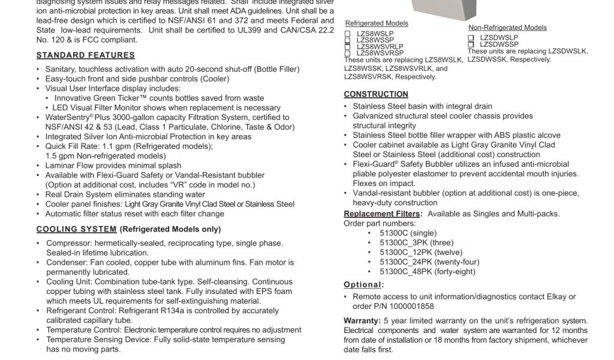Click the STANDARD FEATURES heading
click(85, 55)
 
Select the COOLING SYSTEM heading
click(76, 229)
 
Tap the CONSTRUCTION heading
click(376, 94)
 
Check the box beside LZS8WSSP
click(347, 40)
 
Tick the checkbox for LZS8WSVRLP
click(347, 46)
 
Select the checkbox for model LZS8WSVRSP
click(347, 53)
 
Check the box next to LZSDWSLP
click(471, 38)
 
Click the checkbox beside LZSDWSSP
click(471, 44)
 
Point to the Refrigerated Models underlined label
click(377, 23)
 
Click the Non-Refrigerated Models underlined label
click(507, 28)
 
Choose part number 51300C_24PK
click(407, 262)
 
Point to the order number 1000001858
click(413, 306)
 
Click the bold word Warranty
click(362, 321)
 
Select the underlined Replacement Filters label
click(383, 214)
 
